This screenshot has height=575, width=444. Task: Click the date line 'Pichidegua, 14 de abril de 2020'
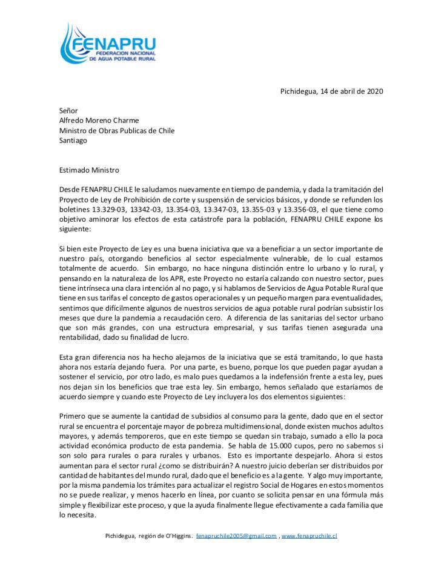[331, 91]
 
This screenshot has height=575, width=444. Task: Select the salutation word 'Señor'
[69, 111]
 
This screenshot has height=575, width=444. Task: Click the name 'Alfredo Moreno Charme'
[99, 121]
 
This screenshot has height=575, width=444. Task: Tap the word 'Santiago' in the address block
[73, 140]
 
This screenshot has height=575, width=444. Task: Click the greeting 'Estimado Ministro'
[89, 170]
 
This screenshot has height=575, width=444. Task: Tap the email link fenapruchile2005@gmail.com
[236, 536]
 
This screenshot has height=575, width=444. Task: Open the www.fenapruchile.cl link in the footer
[309, 536]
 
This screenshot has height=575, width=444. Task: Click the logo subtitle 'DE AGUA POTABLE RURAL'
[122, 59]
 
